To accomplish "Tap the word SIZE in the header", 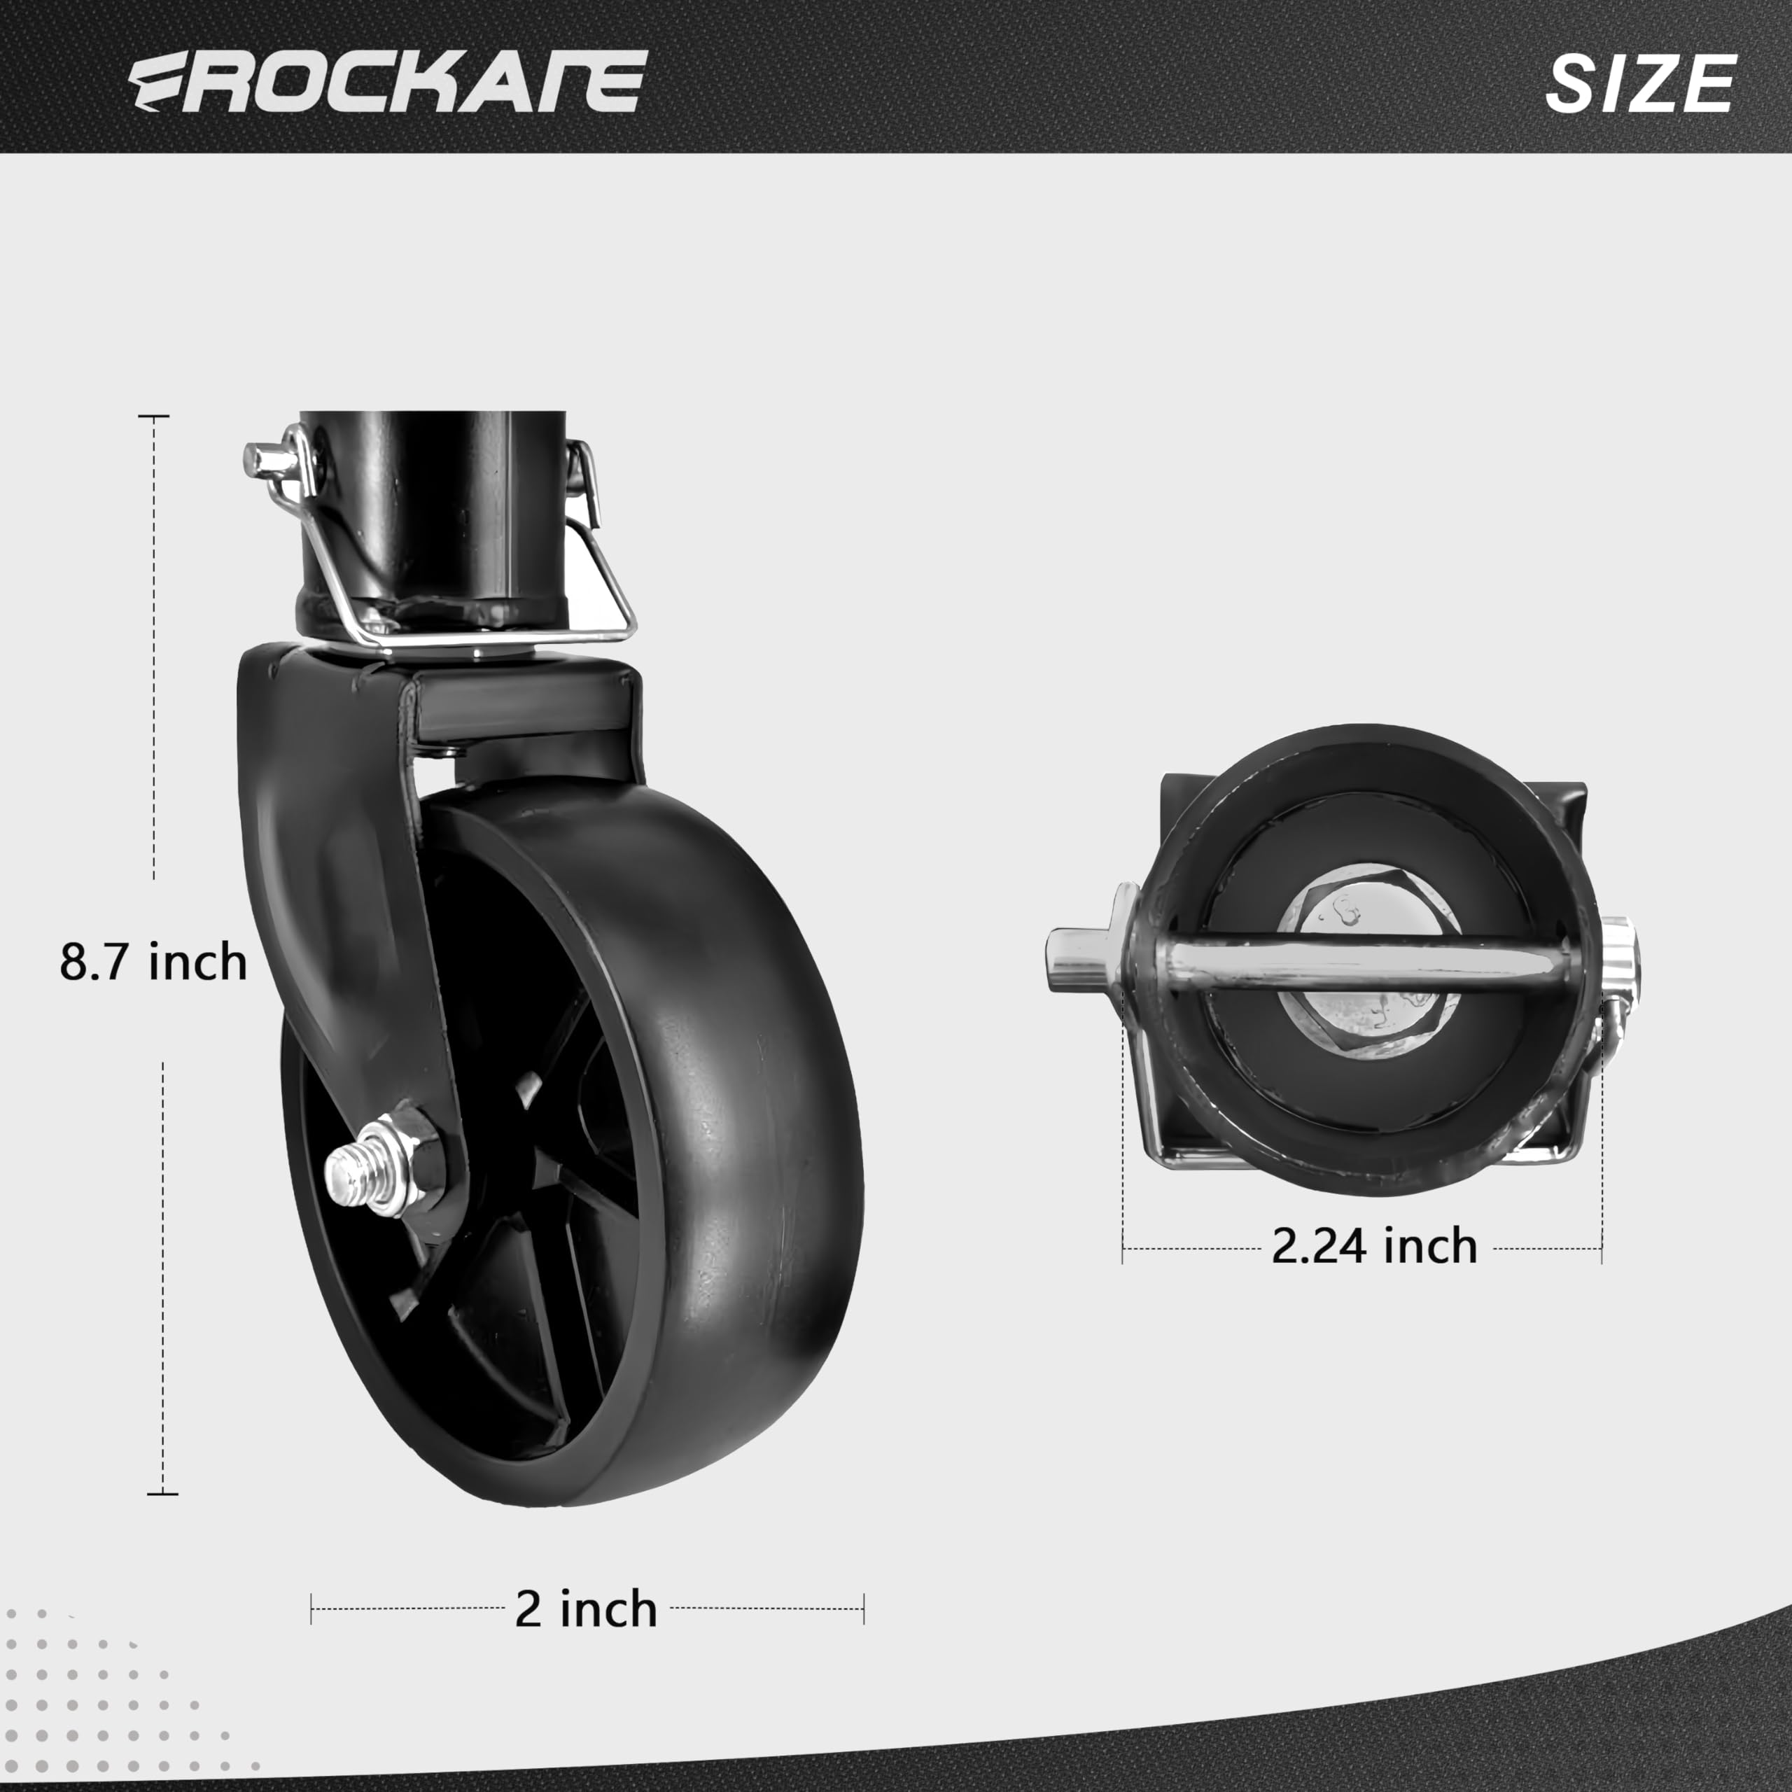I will [1639, 83].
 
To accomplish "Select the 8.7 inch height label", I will [154, 962].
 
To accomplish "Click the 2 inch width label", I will [585, 1609].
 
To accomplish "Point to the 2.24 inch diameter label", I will [1373, 1246].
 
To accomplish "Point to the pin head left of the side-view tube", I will [265, 457].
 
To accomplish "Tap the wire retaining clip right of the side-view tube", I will [603, 556].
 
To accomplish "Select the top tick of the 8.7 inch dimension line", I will [154, 417].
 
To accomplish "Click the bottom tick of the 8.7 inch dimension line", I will [163, 1493].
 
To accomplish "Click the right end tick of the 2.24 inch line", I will [1601, 1249].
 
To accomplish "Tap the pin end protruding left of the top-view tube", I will [1076, 960].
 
